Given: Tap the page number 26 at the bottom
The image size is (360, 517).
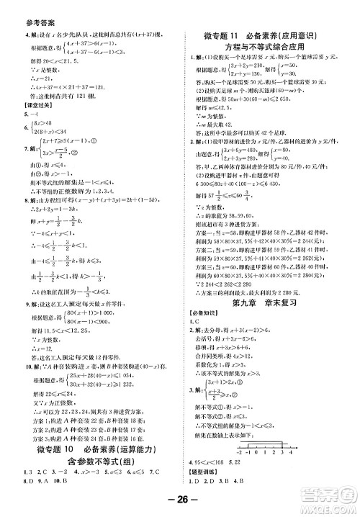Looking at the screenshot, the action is pos(179,502).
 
